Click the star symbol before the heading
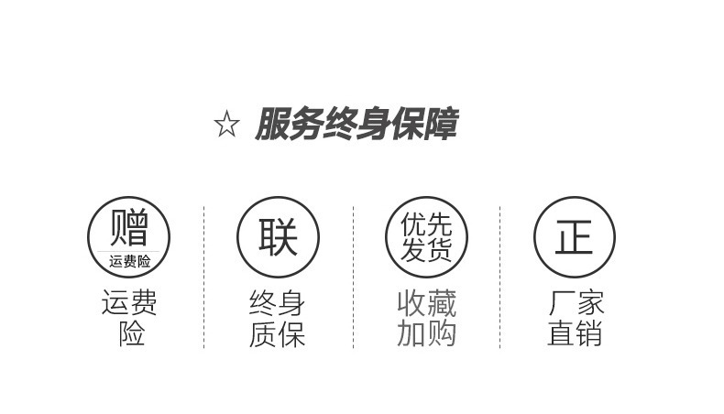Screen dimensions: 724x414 [226, 125]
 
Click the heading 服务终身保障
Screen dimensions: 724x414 [355, 125]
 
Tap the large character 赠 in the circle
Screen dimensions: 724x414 [128, 227]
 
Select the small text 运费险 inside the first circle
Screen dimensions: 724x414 [129, 261]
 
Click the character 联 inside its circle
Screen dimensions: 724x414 [278, 237]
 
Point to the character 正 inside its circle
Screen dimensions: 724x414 [574, 237]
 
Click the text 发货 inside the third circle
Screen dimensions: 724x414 [426, 250]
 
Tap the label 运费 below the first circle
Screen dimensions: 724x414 [129, 302]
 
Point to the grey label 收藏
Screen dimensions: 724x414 [426, 303]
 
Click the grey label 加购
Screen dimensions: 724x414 [426, 334]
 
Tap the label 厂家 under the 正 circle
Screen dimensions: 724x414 [576, 303]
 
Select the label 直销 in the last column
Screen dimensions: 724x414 [575, 334]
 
